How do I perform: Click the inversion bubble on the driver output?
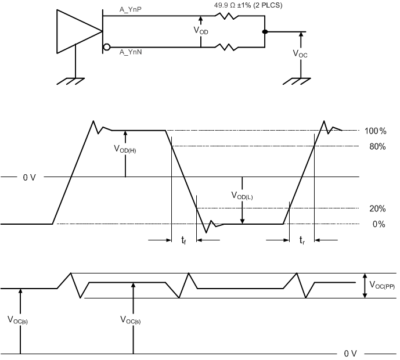(106, 46)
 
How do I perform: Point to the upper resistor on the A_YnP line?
(226, 16)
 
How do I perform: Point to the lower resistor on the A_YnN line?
(226, 46)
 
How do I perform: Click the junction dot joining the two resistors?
(265, 31)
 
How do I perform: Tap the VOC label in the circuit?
(301, 53)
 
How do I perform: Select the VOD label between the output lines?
(201, 30)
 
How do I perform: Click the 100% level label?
(374, 131)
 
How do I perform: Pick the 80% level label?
(376, 146)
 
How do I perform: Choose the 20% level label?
(376, 208)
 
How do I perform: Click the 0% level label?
(378, 225)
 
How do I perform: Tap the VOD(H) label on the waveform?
(125, 149)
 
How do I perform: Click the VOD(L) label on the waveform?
(242, 196)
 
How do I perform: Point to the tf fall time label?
(183, 240)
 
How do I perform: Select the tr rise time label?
(302, 240)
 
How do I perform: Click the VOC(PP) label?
(380, 285)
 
